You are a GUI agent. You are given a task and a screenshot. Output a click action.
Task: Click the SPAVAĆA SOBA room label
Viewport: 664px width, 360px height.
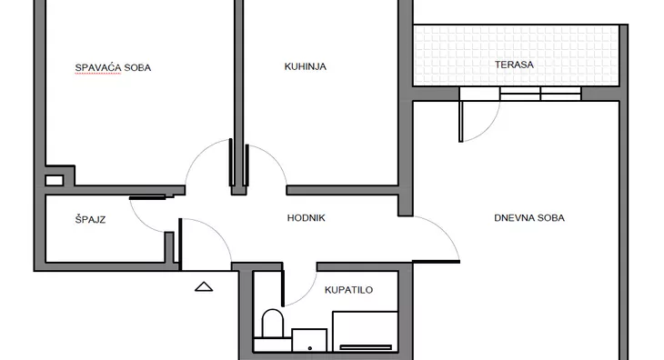click(x=113, y=67)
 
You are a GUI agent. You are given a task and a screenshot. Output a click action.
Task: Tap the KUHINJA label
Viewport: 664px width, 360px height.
click(x=306, y=66)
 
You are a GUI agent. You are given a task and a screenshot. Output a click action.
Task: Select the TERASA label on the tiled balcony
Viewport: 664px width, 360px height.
click(x=514, y=65)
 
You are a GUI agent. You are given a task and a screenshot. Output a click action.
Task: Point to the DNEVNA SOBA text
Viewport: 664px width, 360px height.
click(x=529, y=218)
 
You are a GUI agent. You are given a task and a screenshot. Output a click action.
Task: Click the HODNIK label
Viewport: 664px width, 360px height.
click(x=307, y=218)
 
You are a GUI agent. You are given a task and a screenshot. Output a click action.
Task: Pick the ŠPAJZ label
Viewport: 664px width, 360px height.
click(x=90, y=220)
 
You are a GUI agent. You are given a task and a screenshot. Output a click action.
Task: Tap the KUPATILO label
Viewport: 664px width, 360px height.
click(x=349, y=290)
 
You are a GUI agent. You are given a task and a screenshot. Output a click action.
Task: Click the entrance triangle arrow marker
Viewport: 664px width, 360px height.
click(x=204, y=286)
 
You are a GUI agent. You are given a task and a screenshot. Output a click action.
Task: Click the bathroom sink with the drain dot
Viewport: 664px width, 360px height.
click(x=309, y=340)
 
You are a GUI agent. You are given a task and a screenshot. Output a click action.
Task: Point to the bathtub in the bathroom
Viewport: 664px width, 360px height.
click(x=365, y=332)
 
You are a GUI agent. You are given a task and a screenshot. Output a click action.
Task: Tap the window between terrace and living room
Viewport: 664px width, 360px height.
click(x=540, y=94)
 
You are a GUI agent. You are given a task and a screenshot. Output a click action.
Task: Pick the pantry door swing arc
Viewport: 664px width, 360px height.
click(x=139, y=221)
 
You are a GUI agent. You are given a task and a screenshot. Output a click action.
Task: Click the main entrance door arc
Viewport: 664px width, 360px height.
click(x=218, y=231)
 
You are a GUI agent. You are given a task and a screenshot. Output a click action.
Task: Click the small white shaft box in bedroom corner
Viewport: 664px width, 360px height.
click(x=55, y=181)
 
